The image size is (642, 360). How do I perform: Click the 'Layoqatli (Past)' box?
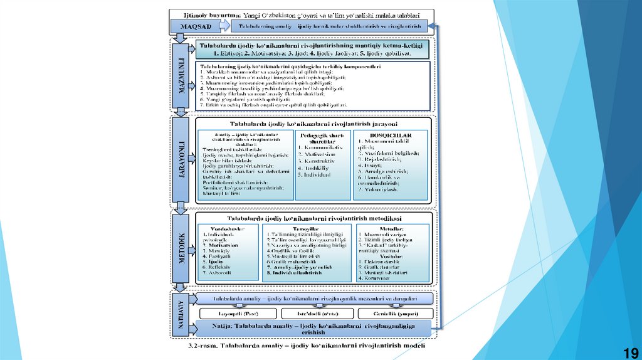click(x=236, y=312)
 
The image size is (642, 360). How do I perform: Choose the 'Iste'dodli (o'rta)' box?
click(x=314, y=312)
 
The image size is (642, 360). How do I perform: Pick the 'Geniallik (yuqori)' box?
click(x=393, y=312)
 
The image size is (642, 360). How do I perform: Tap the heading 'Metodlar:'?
click(x=391, y=228)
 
